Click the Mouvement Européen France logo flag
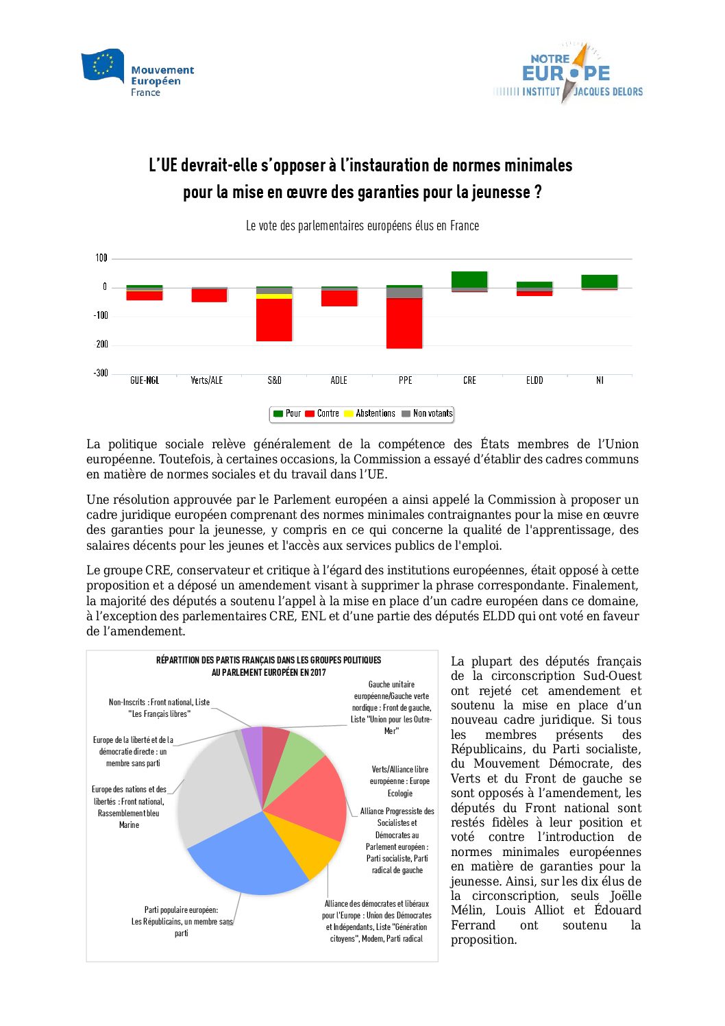103,65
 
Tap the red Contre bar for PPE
404,323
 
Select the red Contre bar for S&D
274,320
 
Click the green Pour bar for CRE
469,280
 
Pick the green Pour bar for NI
600,281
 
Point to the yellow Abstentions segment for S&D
274,296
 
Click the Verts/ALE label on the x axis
206,380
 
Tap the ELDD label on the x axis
534,380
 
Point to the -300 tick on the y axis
101,373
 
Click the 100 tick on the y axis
101,258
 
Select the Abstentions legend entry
369,413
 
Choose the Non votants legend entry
427,413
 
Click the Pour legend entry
287,413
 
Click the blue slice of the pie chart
247,857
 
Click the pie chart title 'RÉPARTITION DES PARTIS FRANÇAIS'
269,661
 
